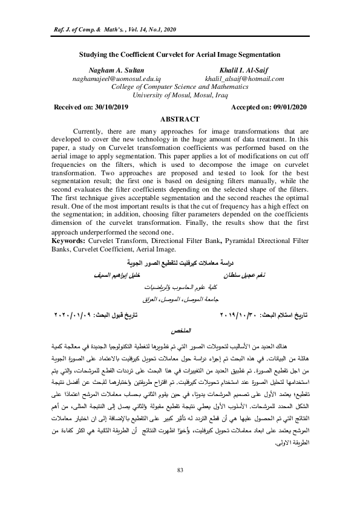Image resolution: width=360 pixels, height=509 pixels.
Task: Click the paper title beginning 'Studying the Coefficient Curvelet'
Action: (x=180, y=54)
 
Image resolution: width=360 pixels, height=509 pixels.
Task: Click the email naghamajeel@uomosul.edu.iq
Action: (x=108, y=79)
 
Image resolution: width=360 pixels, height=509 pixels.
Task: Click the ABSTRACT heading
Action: (x=180, y=120)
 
